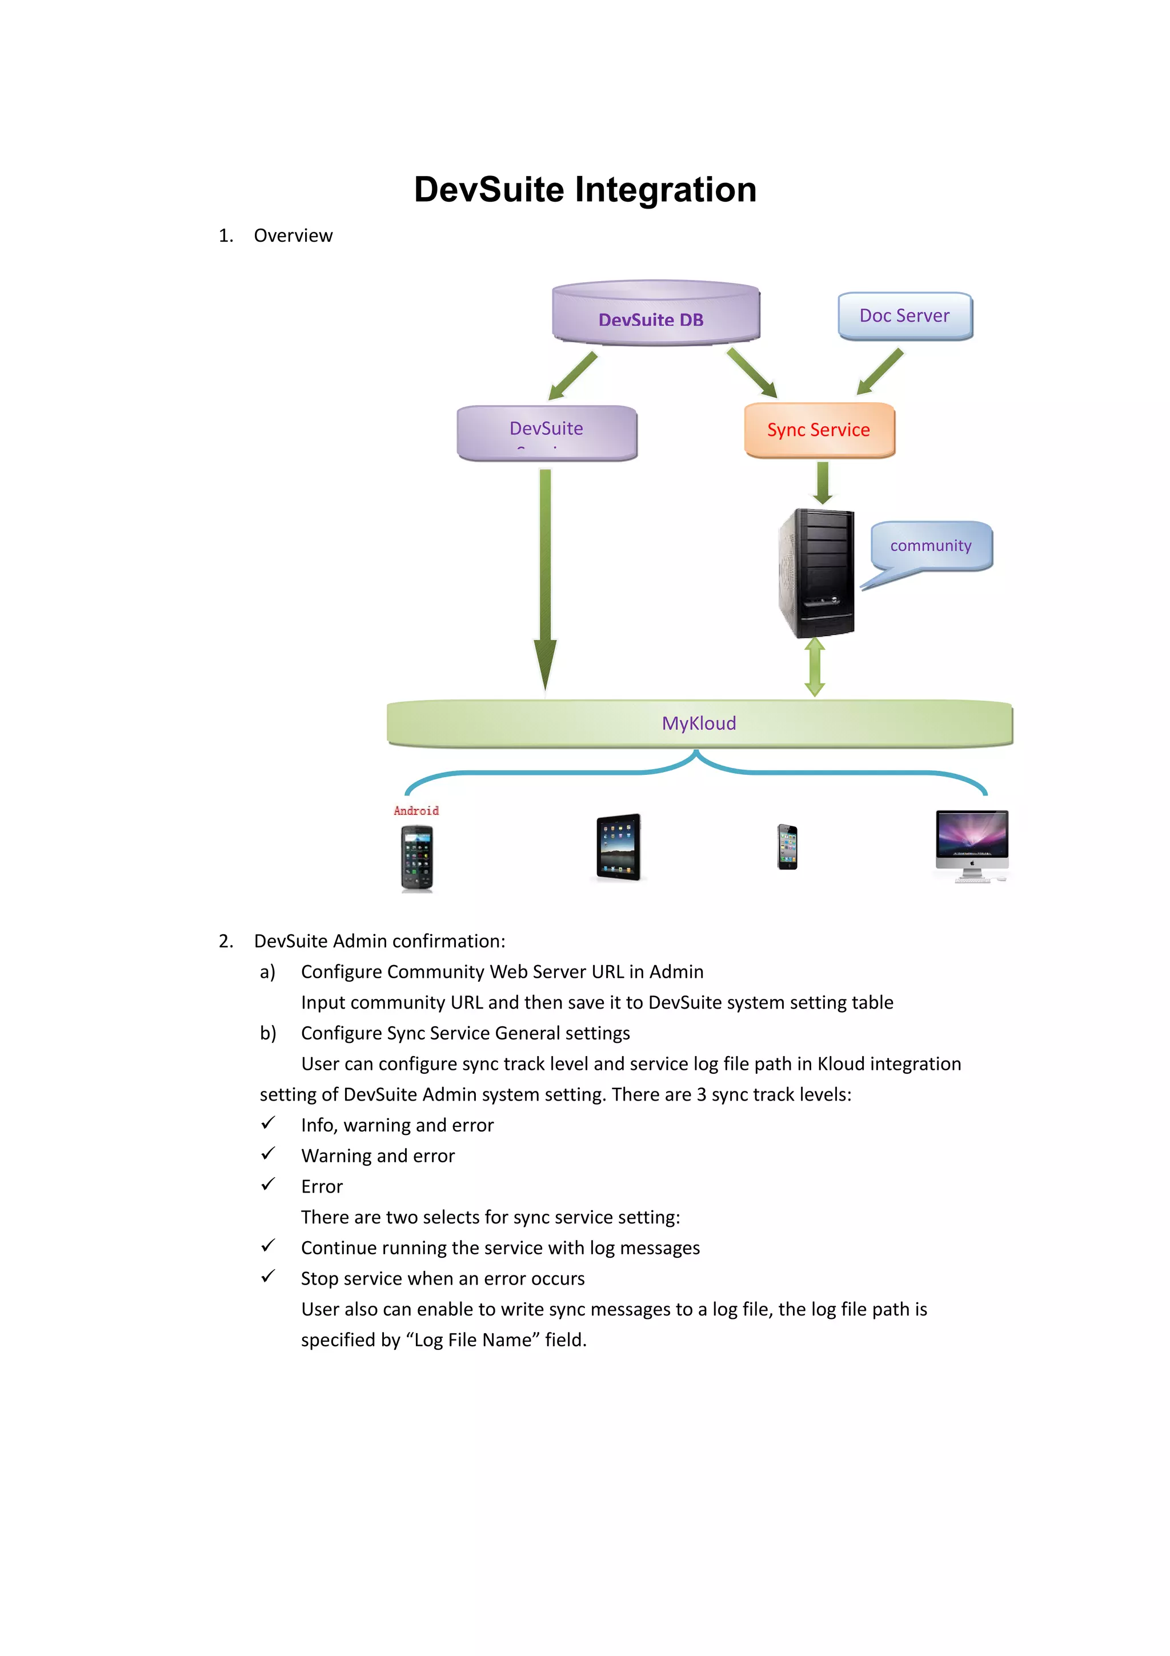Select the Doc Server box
(x=905, y=316)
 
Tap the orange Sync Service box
(x=819, y=430)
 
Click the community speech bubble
(x=931, y=546)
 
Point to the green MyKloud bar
(x=699, y=723)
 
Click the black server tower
(x=818, y=573)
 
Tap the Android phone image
(x=416, y=858)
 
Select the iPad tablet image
(x=619, y=847)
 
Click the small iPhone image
(x=787, y=847)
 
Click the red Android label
(x=416, y=811)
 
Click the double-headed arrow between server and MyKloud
(x=815, y=667)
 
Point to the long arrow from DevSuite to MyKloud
(x=546, y=577)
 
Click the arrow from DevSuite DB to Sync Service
(x=752, y=372)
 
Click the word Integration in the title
(x=666, y=190)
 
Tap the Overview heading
(x=292, y=236)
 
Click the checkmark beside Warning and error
(x=268, y=1154)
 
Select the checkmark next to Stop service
(x=268, y=1277)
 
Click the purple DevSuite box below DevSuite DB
(x=546, y=431)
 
